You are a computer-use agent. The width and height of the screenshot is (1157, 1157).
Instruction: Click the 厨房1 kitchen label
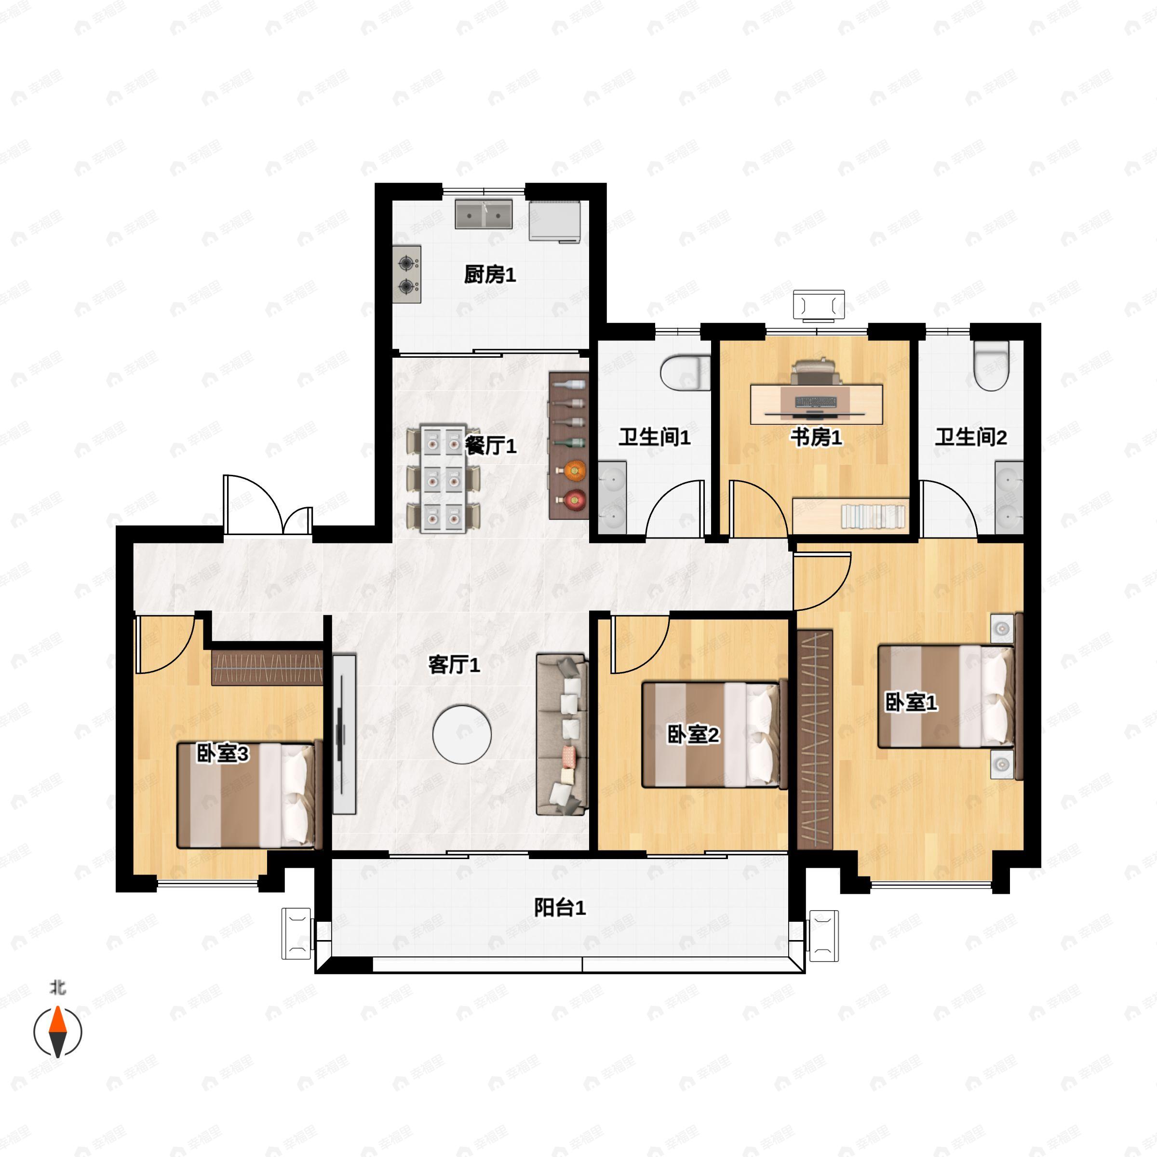[490, 275]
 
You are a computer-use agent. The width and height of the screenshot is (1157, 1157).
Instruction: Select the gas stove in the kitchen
[407, 274]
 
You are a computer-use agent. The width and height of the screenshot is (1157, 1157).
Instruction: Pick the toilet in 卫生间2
[991, 365]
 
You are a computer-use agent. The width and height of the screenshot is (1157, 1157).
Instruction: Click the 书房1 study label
[816, 437]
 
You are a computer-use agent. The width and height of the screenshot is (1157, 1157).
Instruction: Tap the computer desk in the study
[817, 403]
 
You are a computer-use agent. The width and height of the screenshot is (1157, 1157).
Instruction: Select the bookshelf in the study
[850, 515]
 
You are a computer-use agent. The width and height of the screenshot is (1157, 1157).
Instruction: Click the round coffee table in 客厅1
[462, 734]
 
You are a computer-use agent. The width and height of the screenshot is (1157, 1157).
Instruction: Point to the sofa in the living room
[562, 734]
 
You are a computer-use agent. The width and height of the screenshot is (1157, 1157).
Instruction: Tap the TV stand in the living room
[344, 734]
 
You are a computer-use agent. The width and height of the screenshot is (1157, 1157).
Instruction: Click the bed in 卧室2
[714, 734]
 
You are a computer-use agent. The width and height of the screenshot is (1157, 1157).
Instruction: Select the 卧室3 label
[222, 754]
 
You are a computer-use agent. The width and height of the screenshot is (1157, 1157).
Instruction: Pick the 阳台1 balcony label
[560, 907]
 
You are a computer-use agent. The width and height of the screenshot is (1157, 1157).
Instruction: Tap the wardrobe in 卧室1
[815, 739]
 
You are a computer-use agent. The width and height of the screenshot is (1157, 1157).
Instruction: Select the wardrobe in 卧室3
[267, 667]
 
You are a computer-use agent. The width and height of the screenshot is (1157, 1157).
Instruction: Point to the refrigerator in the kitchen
[555, 221]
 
